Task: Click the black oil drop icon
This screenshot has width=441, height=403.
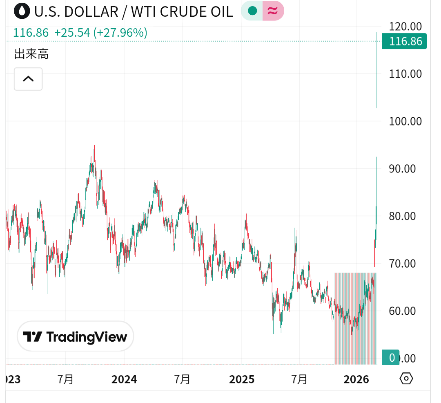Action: [x=22, y=11]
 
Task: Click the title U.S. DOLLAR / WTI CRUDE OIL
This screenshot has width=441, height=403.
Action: [x=134, y=11]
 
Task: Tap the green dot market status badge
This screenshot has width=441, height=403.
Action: [x=253, y=11]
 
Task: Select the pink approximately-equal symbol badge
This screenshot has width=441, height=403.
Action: [x=273, y=11]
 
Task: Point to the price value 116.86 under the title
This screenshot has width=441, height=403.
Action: [x=31, y=33]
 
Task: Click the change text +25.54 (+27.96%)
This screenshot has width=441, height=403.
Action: [x=100, y=33]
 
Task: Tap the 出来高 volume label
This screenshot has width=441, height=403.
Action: [x=31, y=54]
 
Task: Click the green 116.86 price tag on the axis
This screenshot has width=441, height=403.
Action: [x=404, y=41]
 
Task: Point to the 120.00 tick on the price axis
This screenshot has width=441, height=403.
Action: [x=405, y=27]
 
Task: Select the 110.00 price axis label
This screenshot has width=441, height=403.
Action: [x=405, y=74]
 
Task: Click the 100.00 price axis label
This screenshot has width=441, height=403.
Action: [x=405, y=121]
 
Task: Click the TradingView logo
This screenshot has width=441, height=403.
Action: [x=75, y=337]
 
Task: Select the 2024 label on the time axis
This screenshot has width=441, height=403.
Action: [x=124, y=380]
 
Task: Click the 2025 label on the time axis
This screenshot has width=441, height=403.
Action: [x=242, y=380]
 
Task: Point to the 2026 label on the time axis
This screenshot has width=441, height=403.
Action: [x=356, y=380]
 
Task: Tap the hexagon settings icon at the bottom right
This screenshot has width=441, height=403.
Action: [x=406, y=379]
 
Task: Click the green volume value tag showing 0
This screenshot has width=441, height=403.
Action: [x=391, y=358]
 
